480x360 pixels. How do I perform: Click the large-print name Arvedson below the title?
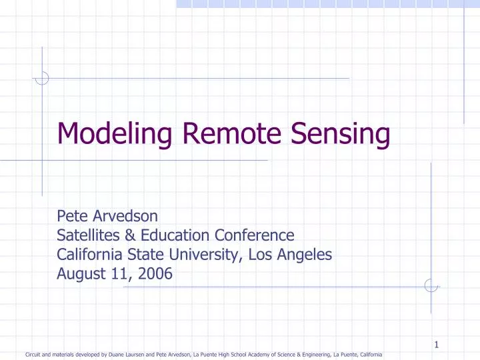click(118, 216)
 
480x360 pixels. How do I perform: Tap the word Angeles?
click(303, 254)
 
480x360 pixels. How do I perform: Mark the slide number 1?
click(436, 345)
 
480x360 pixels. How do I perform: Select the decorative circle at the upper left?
click(42, 79)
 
